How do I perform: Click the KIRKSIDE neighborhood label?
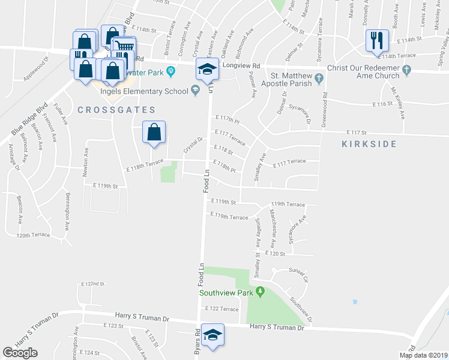[x=369, y=144]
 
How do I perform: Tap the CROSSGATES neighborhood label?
[x=116, y=110]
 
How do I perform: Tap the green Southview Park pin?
[x=260, y=292]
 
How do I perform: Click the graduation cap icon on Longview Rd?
[x=206, y=70]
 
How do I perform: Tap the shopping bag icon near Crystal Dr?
[x=154, y=133]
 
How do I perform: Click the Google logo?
[x=20, y=353]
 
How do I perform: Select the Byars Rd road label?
[x=196, y=344]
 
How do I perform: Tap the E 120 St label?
[x=274, y=254]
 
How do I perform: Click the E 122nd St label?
[x=92, y=283]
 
